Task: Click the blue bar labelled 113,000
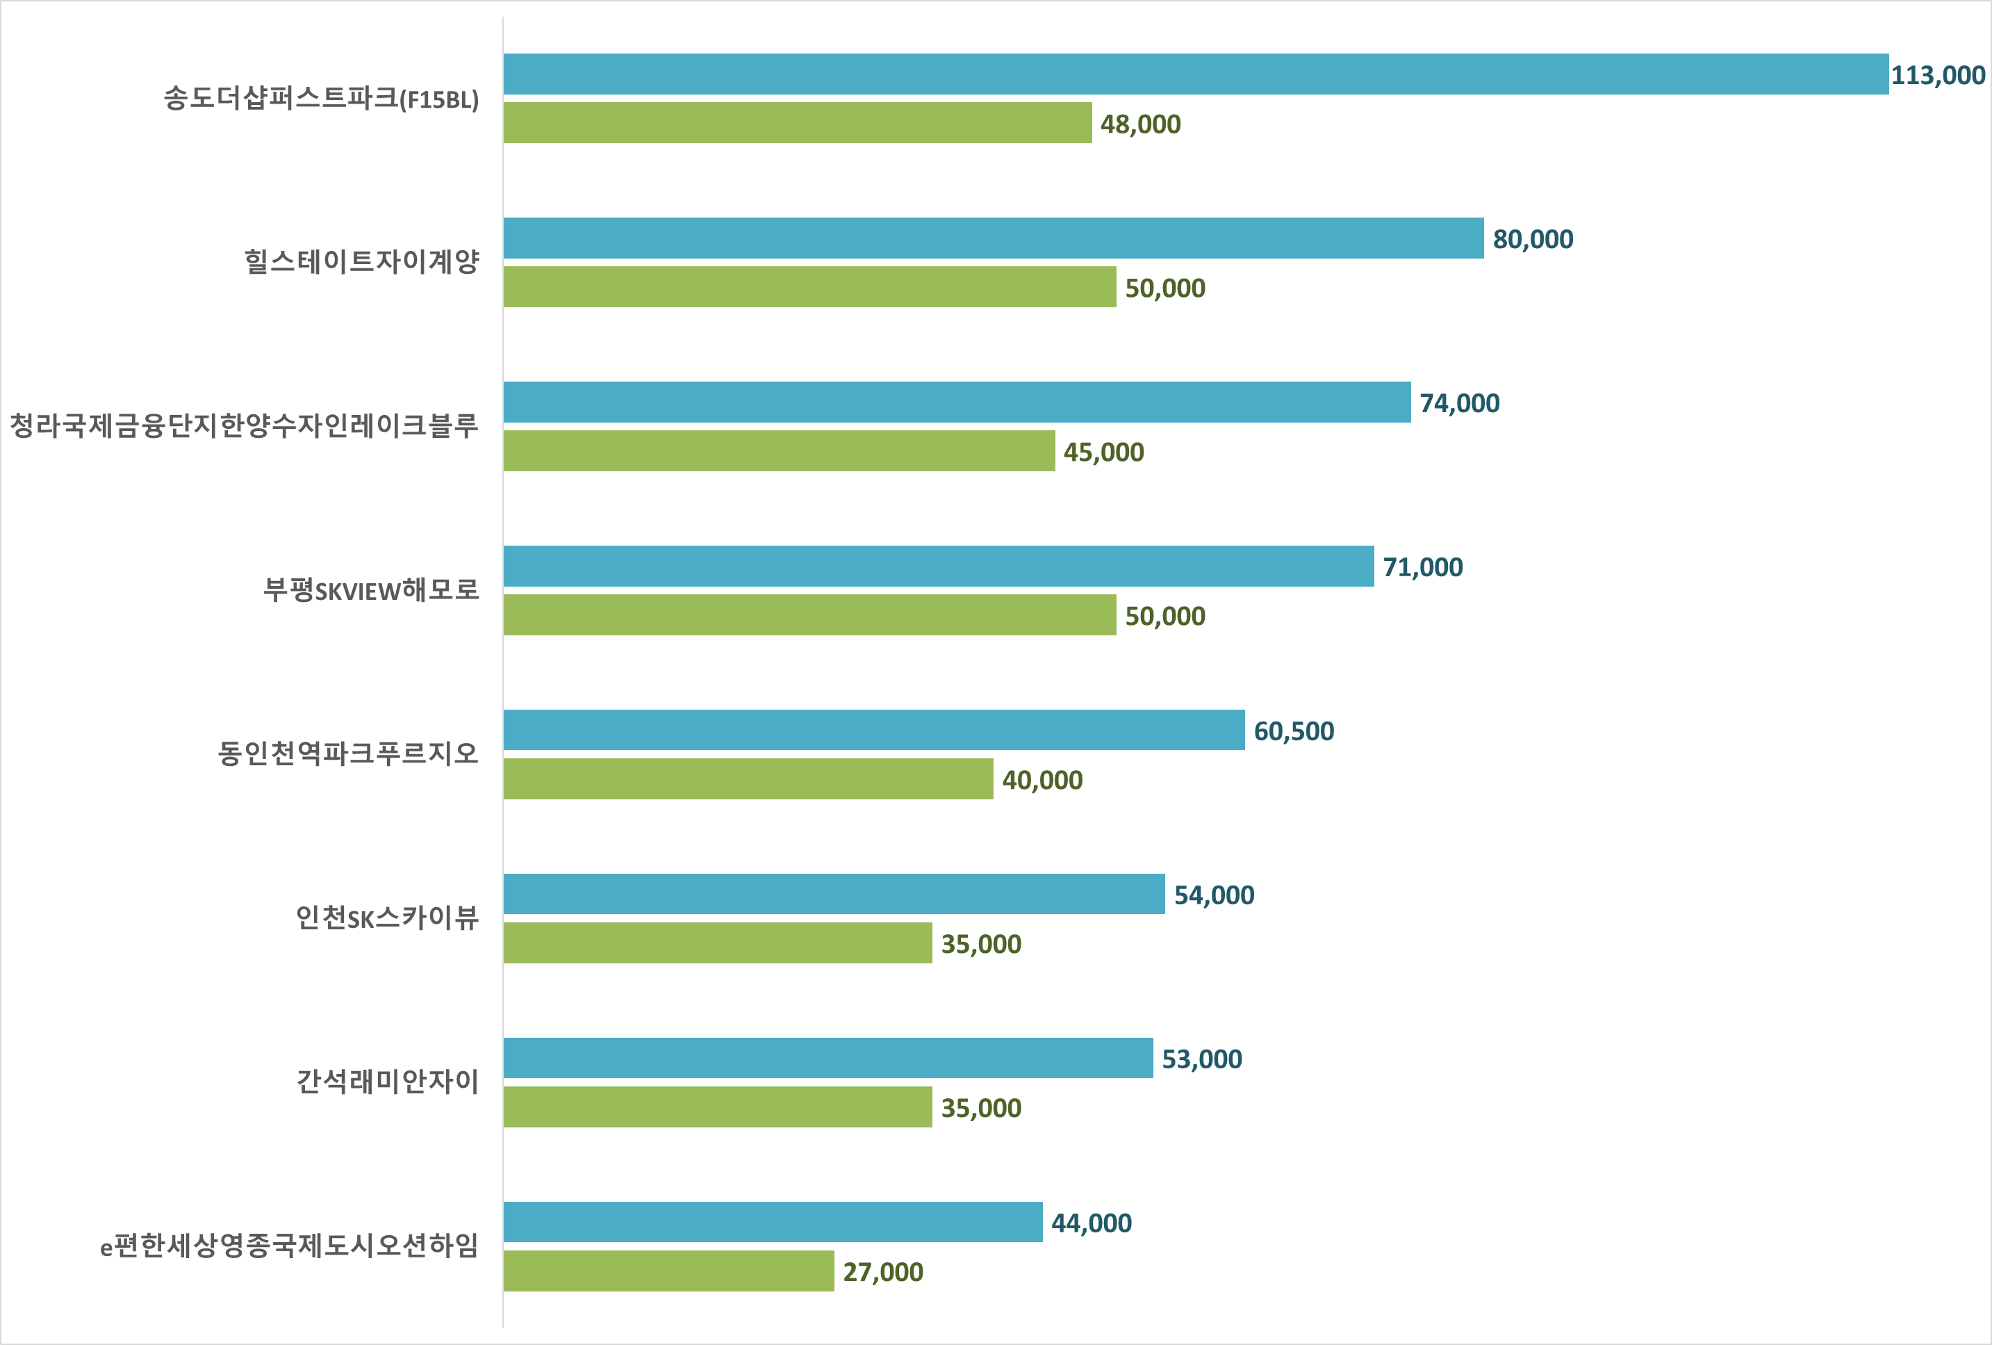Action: point(1196,74)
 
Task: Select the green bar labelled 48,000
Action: point(797,122)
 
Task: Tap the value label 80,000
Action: point(1533,239)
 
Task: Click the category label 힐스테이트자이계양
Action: point(362,261)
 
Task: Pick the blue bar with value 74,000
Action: point(957,402)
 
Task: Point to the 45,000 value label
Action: point(1103,452)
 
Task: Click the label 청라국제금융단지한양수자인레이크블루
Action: point(245,425)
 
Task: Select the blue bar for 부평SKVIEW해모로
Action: point(939,566)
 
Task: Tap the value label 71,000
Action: point(1422,567)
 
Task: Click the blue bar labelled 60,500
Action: point(873,730)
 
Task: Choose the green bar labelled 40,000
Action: point(748,779)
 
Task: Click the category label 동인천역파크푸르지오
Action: point(348,753)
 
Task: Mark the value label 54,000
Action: point(1214,895)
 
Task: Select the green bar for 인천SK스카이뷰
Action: point(718,943)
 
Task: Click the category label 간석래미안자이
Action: point(388,1082)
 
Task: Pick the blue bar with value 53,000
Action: point(828,1058)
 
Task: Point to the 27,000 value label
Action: point(883,1272)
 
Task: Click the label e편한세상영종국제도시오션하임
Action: point(290,1246)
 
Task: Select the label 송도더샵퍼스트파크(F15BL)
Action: point(322,99)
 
